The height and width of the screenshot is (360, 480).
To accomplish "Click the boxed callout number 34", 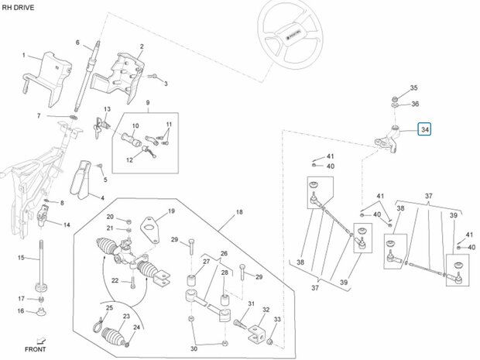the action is click(425, 129).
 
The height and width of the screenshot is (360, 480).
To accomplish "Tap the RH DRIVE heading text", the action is click(18, 8).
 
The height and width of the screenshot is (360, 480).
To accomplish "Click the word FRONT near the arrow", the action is click(35, 349).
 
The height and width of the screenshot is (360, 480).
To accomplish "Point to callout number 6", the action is click(77, 43).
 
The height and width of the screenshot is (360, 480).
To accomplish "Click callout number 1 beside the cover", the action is click(24, 55).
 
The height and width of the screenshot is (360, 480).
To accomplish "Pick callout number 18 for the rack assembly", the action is click(239, 212).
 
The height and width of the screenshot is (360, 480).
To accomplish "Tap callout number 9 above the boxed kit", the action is click(148, 102).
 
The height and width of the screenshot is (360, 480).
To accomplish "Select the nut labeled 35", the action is click(395, 99).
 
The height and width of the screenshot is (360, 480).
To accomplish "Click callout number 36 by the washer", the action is click(415, 104).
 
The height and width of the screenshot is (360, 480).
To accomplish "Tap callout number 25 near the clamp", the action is click(109, 307).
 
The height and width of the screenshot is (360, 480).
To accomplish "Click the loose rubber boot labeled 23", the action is click(113, 337).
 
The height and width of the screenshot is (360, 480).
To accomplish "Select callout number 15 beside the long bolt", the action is click(21, 258).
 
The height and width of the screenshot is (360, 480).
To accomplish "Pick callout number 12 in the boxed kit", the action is click(130, 159).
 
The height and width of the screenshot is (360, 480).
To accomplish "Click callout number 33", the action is click(277, 319).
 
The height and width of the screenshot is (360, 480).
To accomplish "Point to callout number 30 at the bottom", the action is click(194, 348).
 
